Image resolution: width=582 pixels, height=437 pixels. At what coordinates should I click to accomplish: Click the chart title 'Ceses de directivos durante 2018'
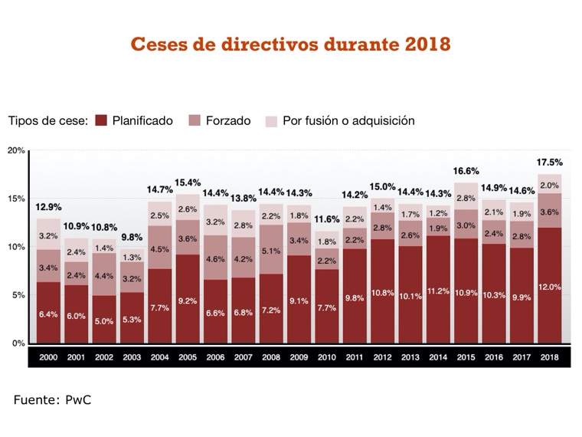point(290,44)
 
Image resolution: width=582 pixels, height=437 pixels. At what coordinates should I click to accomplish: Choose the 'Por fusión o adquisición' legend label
point(348,121)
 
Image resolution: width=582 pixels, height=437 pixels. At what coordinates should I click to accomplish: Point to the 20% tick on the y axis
point(16,150)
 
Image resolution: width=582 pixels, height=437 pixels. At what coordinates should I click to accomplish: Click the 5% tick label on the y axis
point(18,295)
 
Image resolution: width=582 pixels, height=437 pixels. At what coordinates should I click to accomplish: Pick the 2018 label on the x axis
point(548,357)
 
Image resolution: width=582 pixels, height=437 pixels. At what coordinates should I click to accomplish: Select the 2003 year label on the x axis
point(132,357)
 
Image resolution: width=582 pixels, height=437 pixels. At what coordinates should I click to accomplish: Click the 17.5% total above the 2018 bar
point(550,163)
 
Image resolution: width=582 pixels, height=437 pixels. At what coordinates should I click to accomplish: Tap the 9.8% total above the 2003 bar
point(132,238)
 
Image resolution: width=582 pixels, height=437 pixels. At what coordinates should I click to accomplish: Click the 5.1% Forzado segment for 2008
point(271,249)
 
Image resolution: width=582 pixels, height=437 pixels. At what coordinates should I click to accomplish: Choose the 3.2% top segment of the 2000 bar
point(48,235)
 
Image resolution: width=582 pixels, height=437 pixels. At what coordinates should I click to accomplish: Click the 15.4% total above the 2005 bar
point(187,183)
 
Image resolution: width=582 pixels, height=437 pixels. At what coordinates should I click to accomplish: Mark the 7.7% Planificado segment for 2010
point(327,307)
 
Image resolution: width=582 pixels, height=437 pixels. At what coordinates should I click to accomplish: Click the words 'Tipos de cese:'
point(48,121)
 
